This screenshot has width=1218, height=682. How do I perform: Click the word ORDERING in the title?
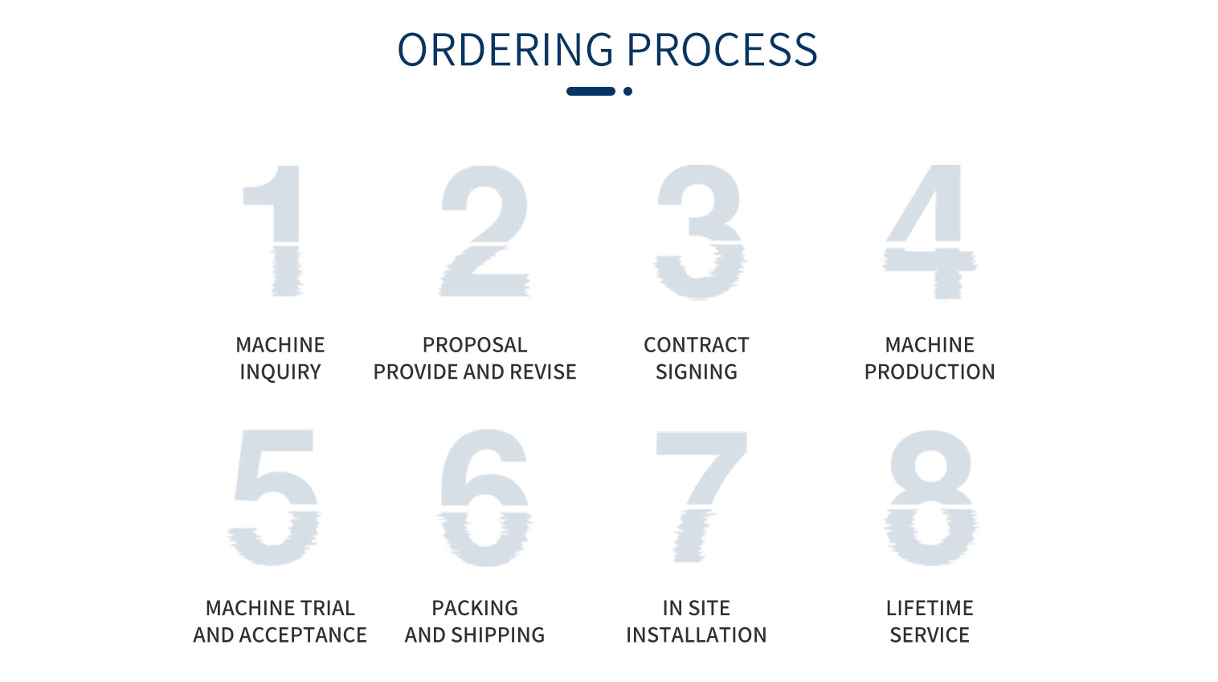tap(505, 50)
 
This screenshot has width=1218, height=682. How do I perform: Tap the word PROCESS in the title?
tap(722, 50)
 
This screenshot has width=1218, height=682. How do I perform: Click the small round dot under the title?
tap(627, 91)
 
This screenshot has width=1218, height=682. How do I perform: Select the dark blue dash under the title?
tap(591, 91)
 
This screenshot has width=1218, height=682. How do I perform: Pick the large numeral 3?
tap(700, 232)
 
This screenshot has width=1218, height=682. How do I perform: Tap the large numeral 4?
tap(946, 232)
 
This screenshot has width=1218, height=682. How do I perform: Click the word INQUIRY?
tap(280, 372)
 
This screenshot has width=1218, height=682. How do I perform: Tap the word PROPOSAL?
tap(475, 344)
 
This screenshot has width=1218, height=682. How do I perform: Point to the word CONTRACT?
tap(696, 344)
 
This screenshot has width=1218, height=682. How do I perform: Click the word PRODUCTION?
tap(930, 372)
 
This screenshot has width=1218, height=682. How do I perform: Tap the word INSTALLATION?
tap(696, 635)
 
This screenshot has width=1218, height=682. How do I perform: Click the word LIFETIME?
tap(930, 607)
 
